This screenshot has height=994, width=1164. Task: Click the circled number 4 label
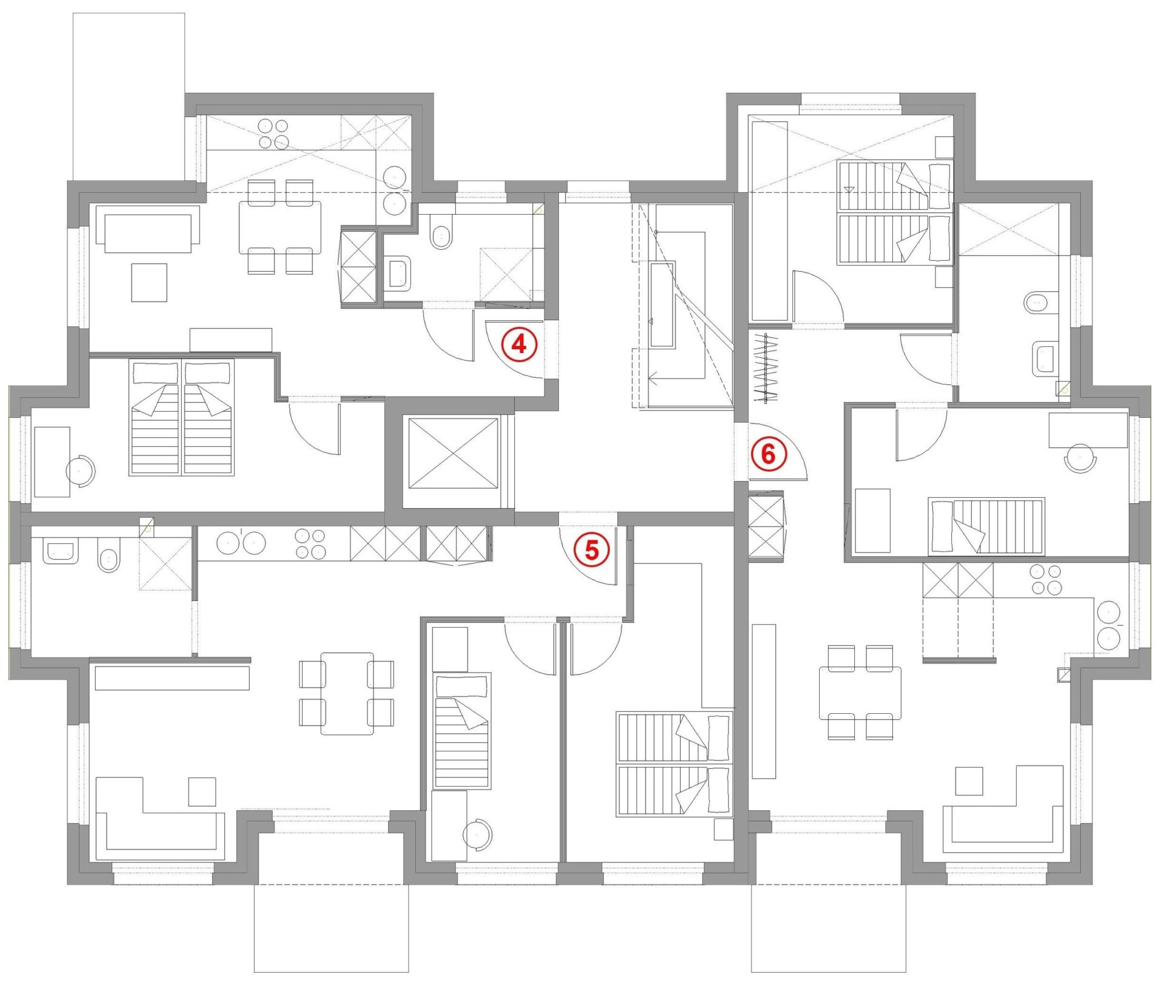pyautogui.click(x=519, y=344)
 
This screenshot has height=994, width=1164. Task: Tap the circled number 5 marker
pyautogui.click(x=591, y=550)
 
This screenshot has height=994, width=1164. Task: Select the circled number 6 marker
pyautogui.click(x=768, y=454)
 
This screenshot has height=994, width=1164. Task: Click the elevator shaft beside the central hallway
pyautogui.click(x=453, y=452)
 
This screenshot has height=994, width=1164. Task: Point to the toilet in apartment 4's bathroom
pyautogui.click(x=441, y=237)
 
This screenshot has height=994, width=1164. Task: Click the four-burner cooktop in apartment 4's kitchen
pyautogui.click(x=273, y=134)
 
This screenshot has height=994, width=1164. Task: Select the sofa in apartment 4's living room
pyautogui.click(x=152, y=229)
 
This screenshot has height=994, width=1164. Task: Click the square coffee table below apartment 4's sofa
pyautogui.click(x=149, y=282)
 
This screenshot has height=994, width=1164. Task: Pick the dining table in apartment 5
pyautogui.click(x=347, y=693)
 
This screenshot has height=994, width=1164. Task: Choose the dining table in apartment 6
pyautogui.click(x=860, y=693)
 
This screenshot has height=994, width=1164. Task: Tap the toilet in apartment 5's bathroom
pyautogui.click(x=109, y=559)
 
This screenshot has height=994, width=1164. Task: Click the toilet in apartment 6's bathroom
pyautogui.click(x=1037, y=302)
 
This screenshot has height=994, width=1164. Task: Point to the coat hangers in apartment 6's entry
pyautogui.click(x=765, y=368)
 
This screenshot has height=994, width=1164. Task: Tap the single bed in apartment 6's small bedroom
pyautogui.click(x=986, y=526)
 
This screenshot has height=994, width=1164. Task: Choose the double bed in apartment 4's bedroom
pyautogui.click(x=182, y=418)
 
